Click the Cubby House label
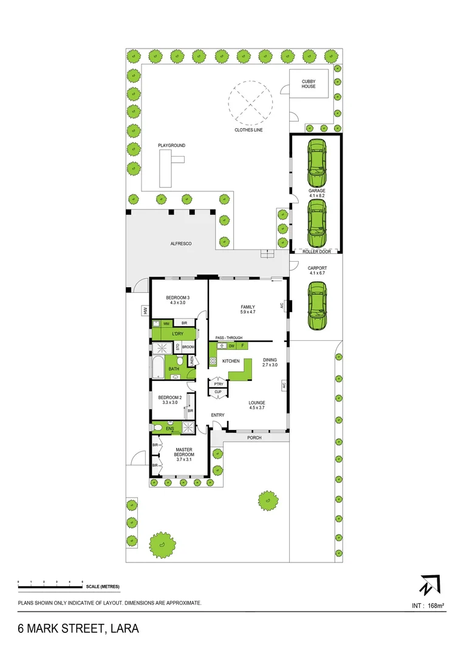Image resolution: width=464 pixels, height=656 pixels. pyautogui.click(x=309, y=83)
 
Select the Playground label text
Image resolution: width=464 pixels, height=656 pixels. pyautogui.click(x=171, y=146)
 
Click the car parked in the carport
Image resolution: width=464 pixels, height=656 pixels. pyautogui.click(x=317, y=307)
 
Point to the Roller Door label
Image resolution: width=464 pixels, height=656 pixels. pyautogui.click(x=316, y=251)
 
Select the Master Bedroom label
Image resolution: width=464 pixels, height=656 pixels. pyautogui.click(x=184, y=453)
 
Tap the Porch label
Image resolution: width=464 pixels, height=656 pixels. pyautogui.click(x=254, y=437)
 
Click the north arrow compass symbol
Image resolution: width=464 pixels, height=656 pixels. pyautogui.click(x=428, y=584)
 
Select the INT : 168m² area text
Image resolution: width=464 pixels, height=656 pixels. pyautogui.click(x=428, y=606)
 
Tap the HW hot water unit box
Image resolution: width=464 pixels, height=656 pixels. pyautogui.click(x=145, y=310)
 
